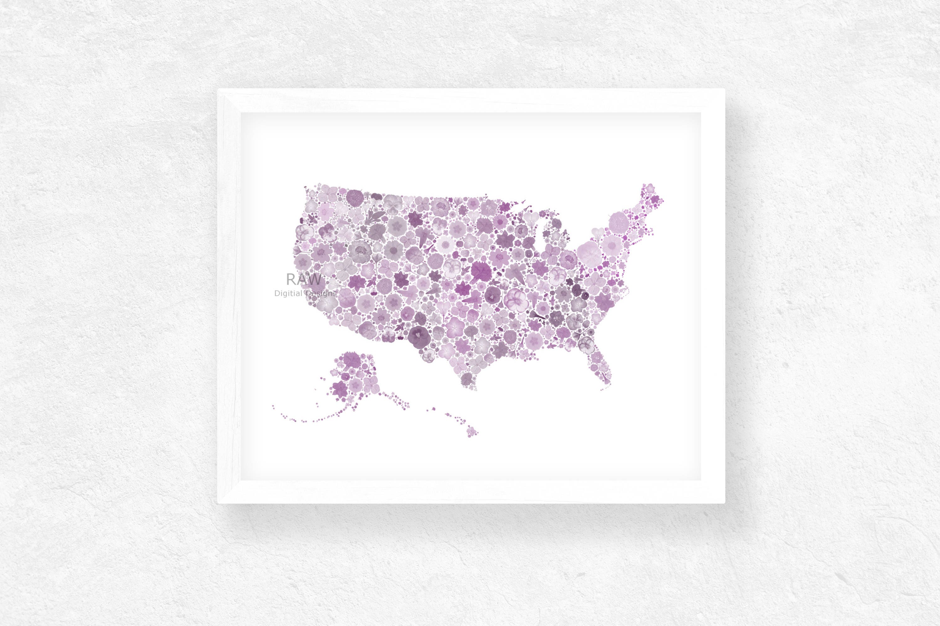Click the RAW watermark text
point(304,280)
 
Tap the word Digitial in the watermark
point(288,294)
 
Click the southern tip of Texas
point(472,388)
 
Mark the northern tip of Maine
point(649,186)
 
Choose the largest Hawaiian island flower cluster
point(472,432)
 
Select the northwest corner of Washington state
point(306,187)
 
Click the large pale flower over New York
point(589,254)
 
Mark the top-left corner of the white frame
point(218,90)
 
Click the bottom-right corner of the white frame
point(724,503)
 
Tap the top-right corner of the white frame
point(724,90)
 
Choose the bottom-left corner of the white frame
point(218,503)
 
